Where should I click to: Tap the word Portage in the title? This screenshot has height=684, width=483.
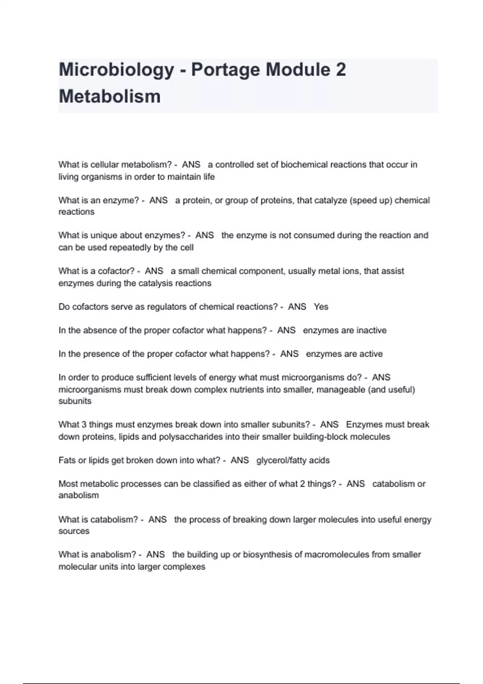(225, 70)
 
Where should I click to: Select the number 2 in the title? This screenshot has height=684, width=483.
(340, 70)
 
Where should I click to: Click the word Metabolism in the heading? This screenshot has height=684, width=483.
(109, 97)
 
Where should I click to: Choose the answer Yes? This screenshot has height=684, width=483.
(321, 307)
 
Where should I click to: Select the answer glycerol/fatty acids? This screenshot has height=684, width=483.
(293, 460)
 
